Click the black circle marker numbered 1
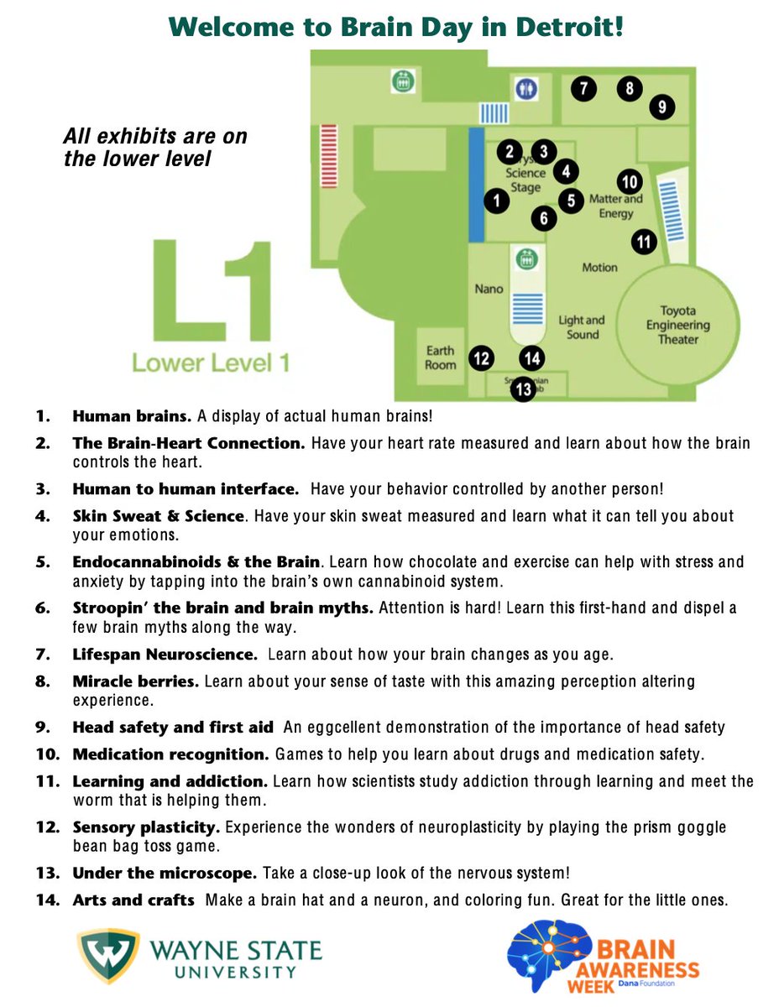click(497, 201)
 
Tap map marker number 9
click(661, 107)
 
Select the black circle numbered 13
click(523, 389)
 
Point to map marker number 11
click(644, 242)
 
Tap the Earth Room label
click(441, 357)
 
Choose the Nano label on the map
click(489, 289)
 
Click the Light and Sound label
click(582, 326)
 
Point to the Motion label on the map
click(599, 268)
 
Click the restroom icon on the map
click(525, 87)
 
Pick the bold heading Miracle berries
click(136, 681)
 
